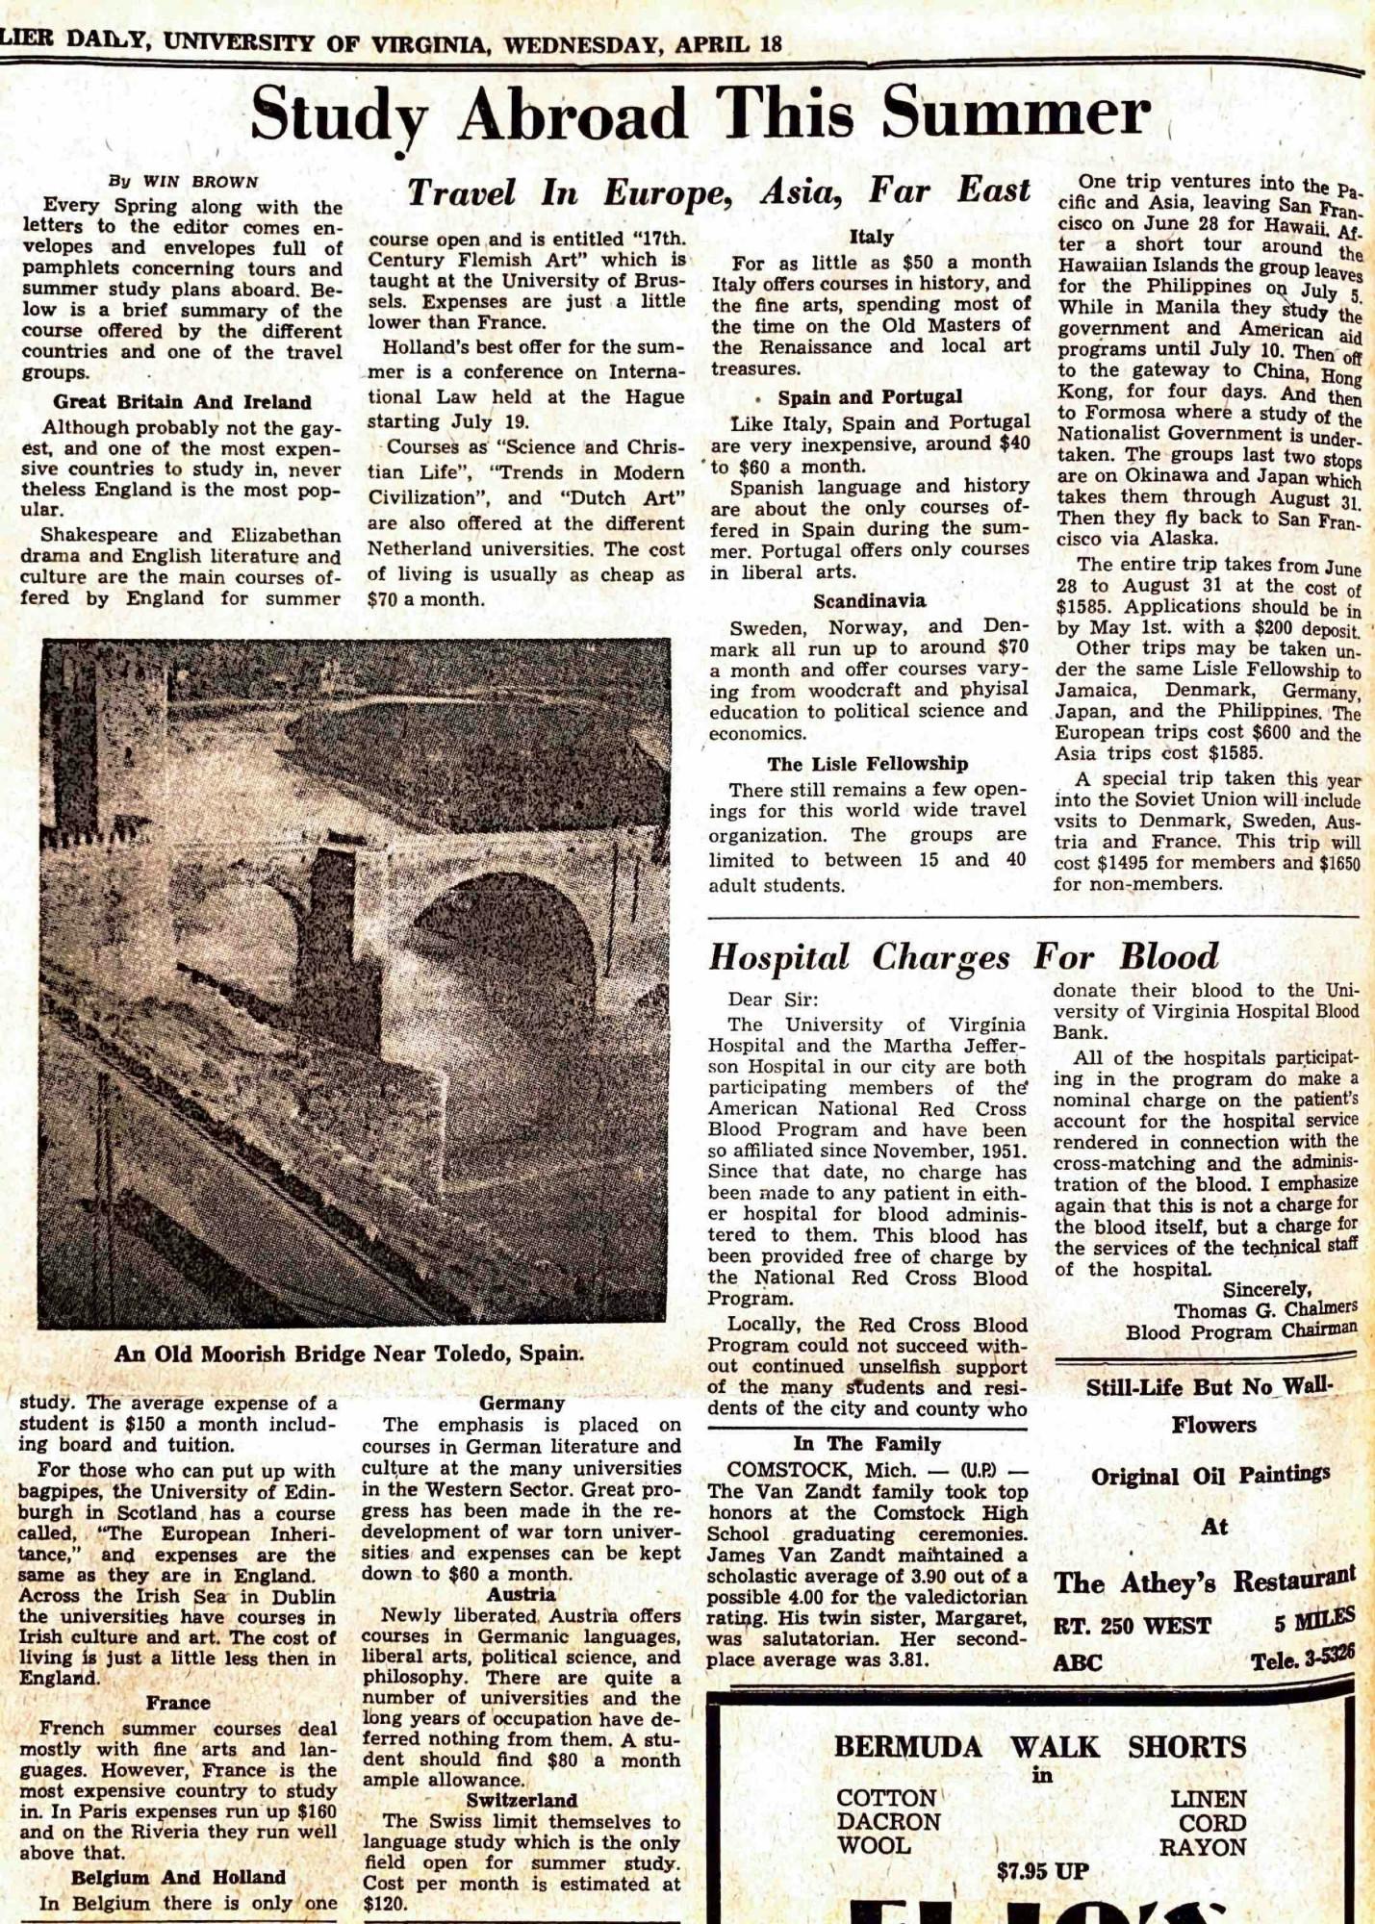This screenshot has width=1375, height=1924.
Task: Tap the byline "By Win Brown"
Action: coord(183,182)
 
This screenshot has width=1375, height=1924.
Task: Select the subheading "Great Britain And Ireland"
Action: coord(182,402)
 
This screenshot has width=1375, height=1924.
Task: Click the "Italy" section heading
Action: coord(871,237)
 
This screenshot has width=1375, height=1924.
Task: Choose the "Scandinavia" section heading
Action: coord(869,601)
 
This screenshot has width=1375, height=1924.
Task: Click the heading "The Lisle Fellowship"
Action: coord(867,764)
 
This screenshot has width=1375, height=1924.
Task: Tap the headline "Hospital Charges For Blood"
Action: coord(963,957)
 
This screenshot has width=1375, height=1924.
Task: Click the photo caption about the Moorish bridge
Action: coord(348,1354)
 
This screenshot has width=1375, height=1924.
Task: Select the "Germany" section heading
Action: coord(522,1403)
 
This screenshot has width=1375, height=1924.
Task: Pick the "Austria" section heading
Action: coord(521,1594)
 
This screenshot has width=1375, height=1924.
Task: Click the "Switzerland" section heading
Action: coord(522,1800)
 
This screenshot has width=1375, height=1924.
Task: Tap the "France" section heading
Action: coord(178,1702)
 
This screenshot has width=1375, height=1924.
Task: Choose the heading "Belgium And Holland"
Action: coord(178,1877)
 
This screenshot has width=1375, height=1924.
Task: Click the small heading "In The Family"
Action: coord(866,1444)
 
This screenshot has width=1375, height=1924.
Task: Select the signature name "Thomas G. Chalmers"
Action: coord(1264,1310)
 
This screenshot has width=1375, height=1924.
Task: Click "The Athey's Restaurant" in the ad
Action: coord(1204,1581)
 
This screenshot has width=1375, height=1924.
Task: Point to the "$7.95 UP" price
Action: coord(1042,1871)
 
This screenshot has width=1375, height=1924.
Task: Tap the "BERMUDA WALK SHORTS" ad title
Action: coord(1039,1746)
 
